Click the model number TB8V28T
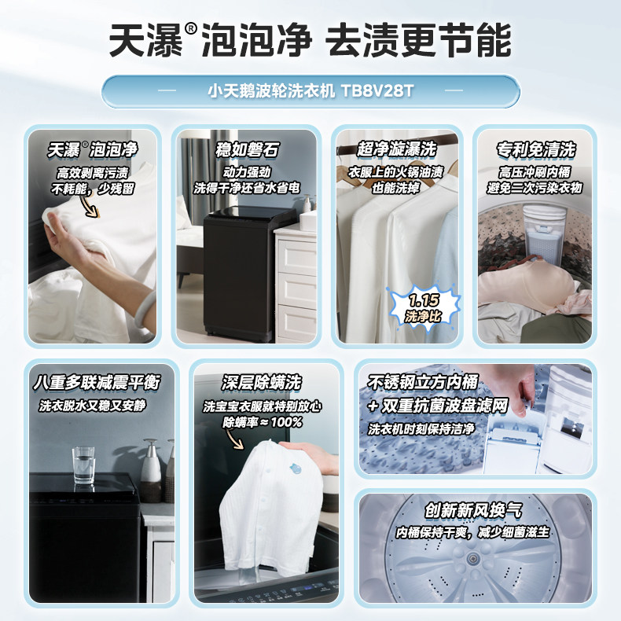coord(377,91)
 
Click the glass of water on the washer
coord(83,465)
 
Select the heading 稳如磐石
coord(247,149)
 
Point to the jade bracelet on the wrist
coord(145,309)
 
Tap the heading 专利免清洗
coord(535,149)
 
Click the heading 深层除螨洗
coord(262,383)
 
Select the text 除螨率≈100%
coord(263,422)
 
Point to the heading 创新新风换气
coord(473,510)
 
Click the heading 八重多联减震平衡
coord(97,383)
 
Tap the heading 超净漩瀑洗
coord(396,149)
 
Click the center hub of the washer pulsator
coord(472,559)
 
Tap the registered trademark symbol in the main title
coord(190,28)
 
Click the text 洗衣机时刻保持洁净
coord(421,429)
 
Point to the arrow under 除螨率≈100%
coord(235,439)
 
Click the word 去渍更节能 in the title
coord(419,40)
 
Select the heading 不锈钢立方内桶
coord(423,383)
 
